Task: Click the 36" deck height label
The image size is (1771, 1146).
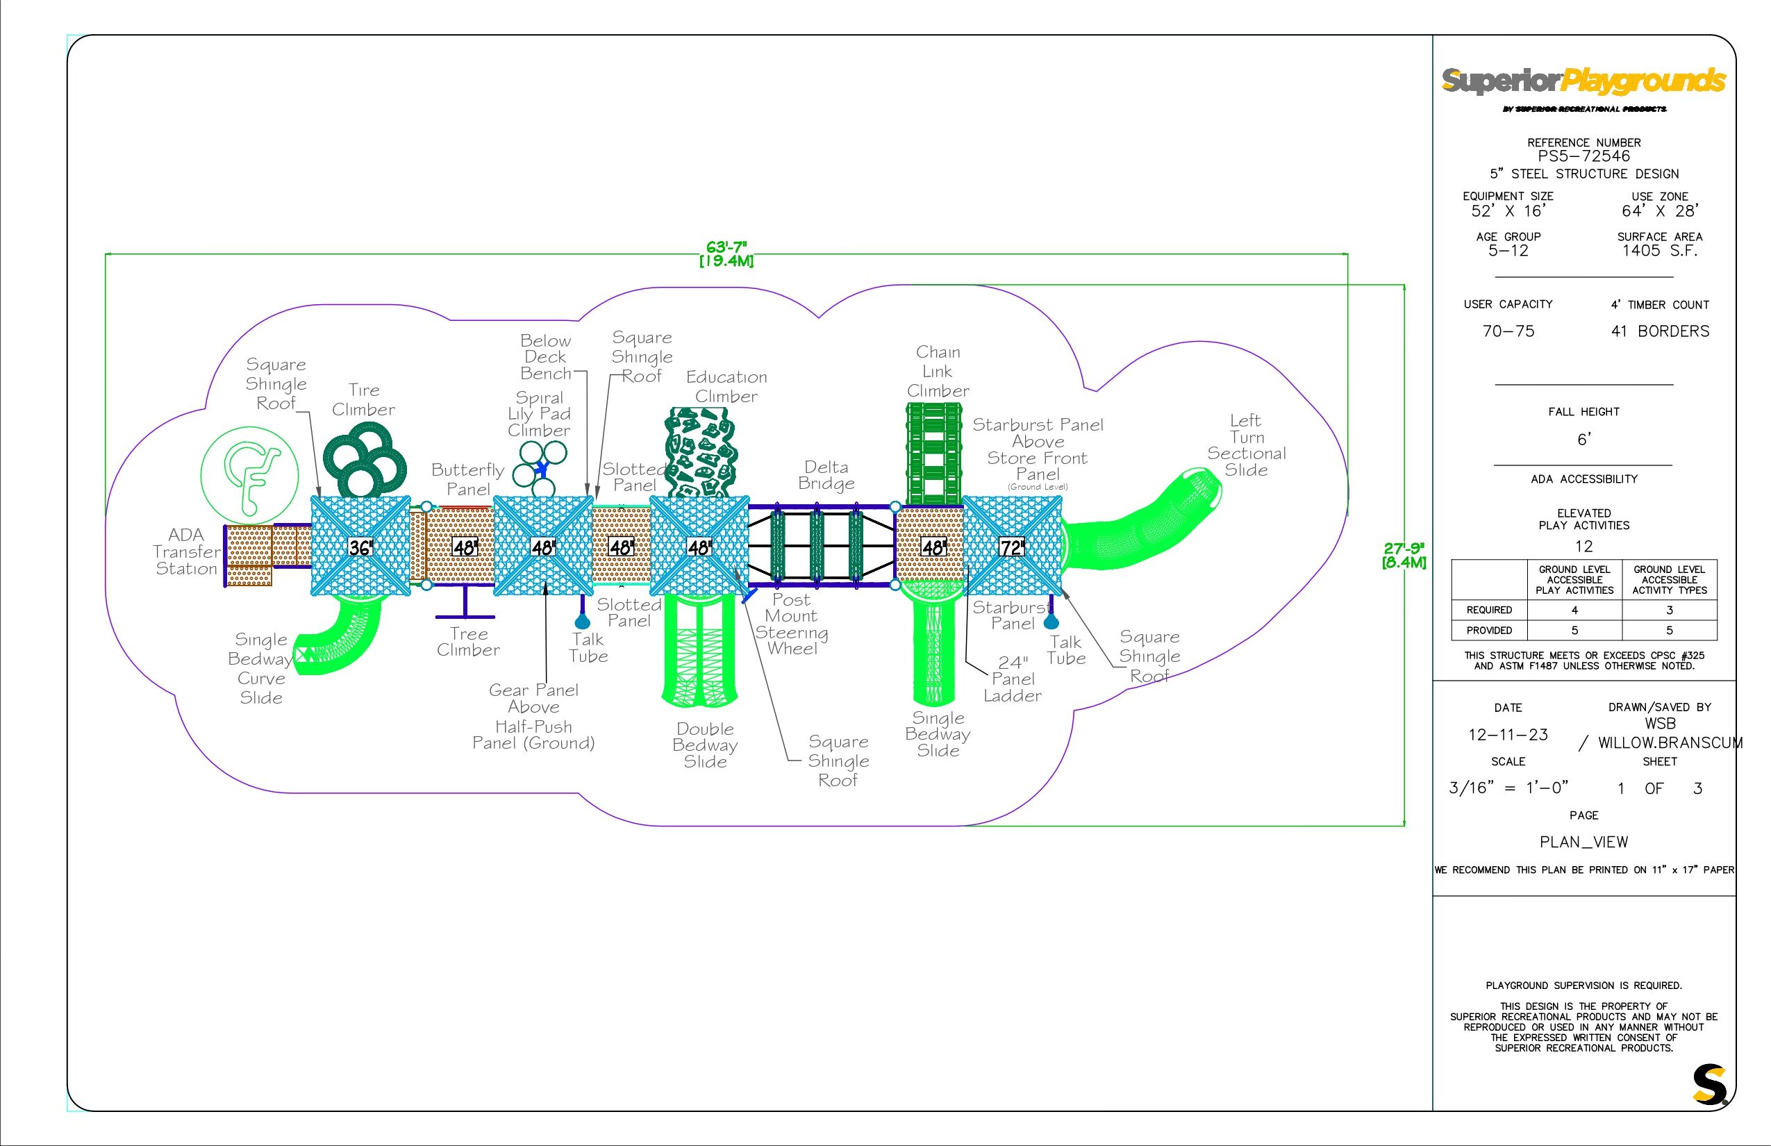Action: [x=360, y=548]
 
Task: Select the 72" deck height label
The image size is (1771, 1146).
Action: [x=1011, y=548]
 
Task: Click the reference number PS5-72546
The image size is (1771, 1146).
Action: [x=1583, y=156]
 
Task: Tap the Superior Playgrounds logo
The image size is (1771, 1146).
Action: [x=1583, y=82]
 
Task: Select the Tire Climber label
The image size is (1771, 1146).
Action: [x=363, y=399]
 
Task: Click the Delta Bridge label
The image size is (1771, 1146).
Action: [x=826, y=476]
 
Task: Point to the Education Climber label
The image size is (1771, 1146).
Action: [x=726, y=386]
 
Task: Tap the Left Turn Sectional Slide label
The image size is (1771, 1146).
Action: [x=1247, y=445]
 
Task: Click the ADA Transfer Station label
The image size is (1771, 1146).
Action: [x=187, y=551]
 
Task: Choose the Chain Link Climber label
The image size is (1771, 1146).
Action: [x=938, y=372]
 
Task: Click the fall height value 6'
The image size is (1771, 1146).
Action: [x=1583, y=440]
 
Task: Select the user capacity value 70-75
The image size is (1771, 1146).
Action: [x=1508, y=331]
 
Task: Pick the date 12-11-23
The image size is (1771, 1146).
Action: [x=1508, y=735]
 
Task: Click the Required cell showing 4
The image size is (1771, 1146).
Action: [x=1574, y=611]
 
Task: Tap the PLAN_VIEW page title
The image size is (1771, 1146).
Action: [x=1583, y=842]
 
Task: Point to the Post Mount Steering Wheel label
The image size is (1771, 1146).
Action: [x=792, y=624]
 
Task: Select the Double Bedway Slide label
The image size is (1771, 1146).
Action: [x=705, y=745]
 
